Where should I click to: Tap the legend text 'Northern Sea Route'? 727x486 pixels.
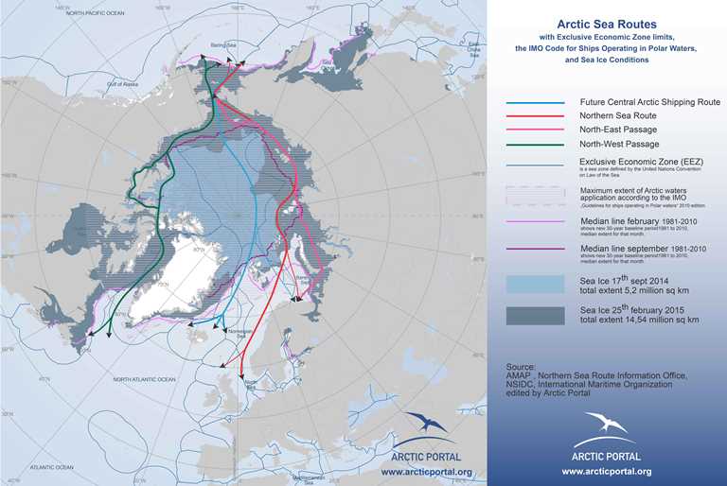(x=618, y=115)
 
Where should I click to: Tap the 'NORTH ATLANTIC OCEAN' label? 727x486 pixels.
(x=152, y=378)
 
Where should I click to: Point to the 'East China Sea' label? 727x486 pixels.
(x=472, y=44)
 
